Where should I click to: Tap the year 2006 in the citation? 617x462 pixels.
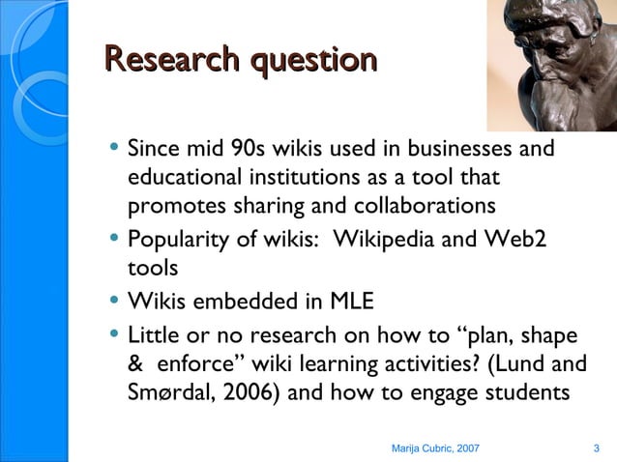point(256,394)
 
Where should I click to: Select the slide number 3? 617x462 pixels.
point(596,448)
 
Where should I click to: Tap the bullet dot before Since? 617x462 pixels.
point(114,150)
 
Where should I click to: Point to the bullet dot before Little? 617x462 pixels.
point(114,334)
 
